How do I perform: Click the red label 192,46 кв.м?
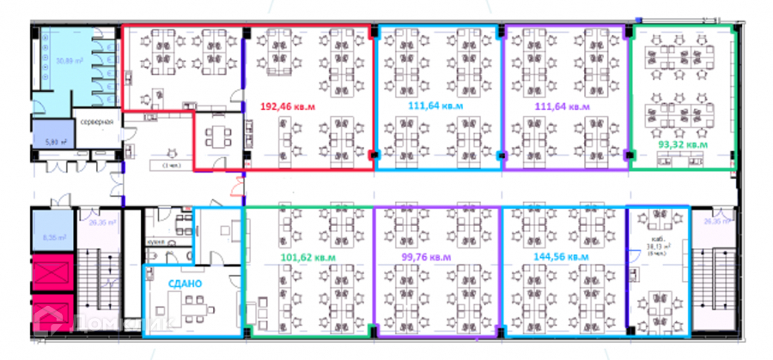288,107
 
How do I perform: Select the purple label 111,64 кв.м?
563,107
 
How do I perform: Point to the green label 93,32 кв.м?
683,144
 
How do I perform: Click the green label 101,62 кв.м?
308,256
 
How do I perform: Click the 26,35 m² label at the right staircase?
715,222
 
